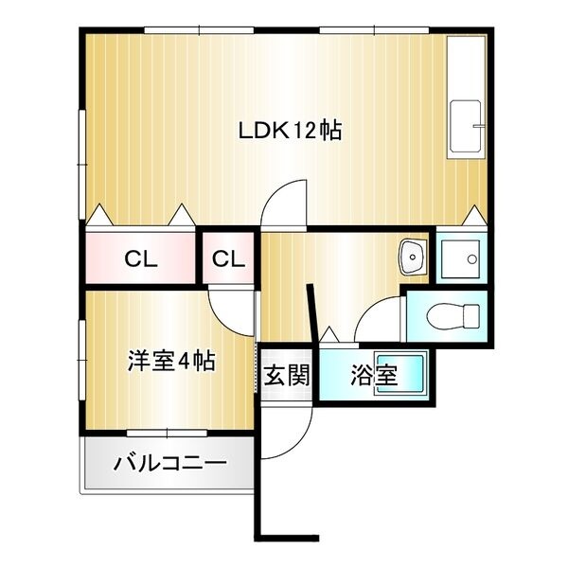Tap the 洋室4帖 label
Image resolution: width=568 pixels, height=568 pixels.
(x=171, y=361)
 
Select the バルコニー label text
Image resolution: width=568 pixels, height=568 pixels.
(x=170, y=465)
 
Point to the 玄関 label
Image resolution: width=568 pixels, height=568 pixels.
(x=287, y=377)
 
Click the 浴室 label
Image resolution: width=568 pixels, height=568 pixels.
(x=373, y=376)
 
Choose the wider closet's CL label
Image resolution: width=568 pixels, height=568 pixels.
(x=141, y=258)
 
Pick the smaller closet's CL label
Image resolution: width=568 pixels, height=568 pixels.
(x=228, y=258)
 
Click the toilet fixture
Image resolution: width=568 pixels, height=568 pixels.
(x=445, y=315)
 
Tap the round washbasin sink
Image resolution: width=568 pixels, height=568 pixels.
(x=413, y=254)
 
